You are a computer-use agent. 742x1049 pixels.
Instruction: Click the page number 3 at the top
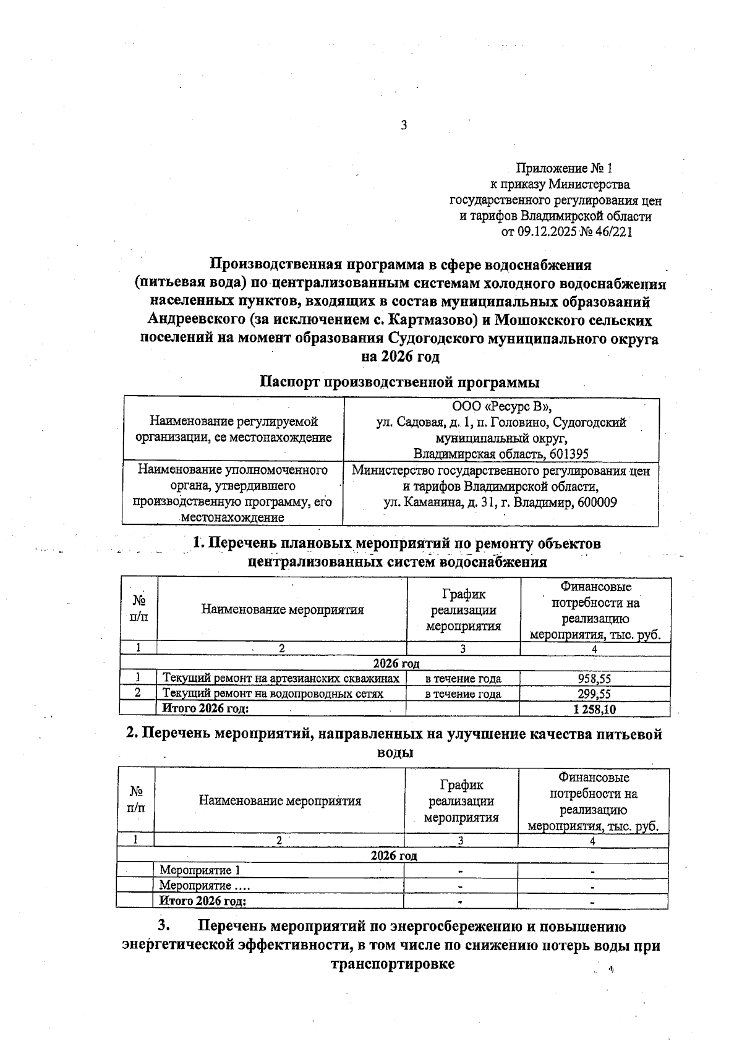tap(404, 125)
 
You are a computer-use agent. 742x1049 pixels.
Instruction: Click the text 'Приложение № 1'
tap(563, 168)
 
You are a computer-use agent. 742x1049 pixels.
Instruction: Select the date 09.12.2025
tap(547, 232)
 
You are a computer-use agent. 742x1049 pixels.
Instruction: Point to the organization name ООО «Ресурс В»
tap(501, 407)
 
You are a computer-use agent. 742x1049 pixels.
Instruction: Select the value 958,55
tap(594, 679)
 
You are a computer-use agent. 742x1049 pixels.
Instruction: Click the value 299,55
tap(594, 694)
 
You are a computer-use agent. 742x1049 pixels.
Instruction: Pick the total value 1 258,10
tap(595, 709)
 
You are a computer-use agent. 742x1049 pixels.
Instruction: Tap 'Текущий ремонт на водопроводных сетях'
tap(273, 694)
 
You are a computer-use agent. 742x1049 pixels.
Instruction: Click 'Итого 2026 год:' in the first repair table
tap(205, 708)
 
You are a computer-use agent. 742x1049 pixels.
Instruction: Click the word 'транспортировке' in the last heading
tap(393, 964)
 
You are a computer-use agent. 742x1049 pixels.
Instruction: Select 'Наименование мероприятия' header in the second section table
tap(280, 801)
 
